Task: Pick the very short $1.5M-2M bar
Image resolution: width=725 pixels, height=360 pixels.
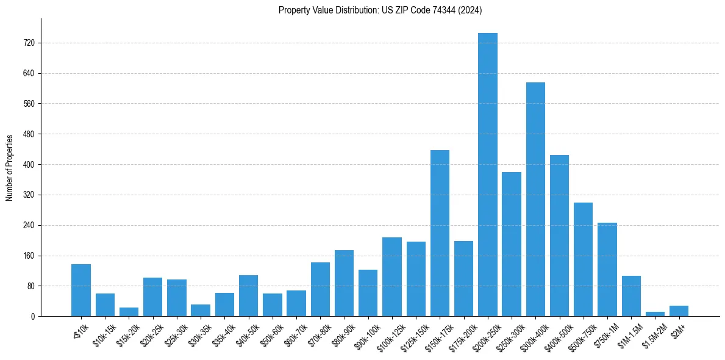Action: pyautogui.click(x=655, y=314)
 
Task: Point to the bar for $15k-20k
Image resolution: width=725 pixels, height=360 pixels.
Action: pyautogui.click(x=129, y=312)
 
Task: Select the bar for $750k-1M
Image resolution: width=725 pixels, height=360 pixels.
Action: pyautogui.click(x=607, y=269)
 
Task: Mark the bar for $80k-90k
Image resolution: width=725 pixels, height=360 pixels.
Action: pyautogui.click(x=344, y=283)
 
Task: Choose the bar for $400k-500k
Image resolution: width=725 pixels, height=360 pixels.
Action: pyautogui.click(x=559, y=236)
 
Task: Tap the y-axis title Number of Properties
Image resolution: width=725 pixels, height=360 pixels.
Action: pyautogui.click(x=10, y=168)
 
